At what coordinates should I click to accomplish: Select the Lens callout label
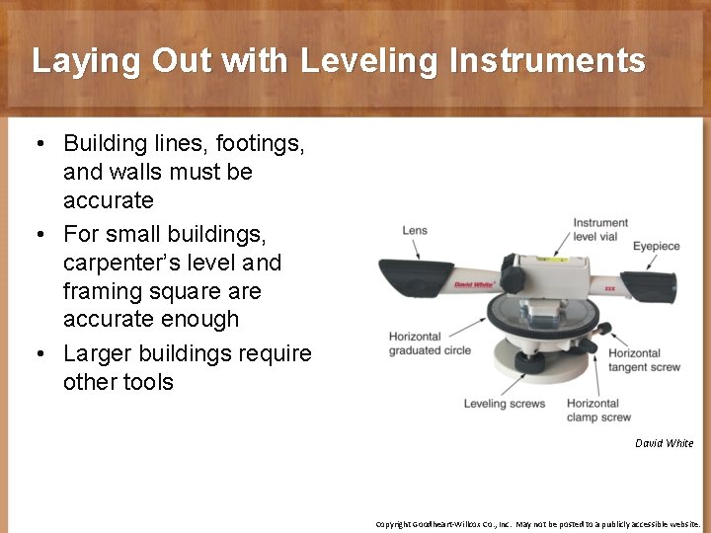click(x=415, y=231)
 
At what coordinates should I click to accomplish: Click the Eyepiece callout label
click(x=657, y=246)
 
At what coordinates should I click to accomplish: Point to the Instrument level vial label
click(x=600, y=230)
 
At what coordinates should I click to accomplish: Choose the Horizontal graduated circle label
click(x=429, y=343)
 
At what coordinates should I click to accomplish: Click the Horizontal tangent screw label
click(x=644, y=360)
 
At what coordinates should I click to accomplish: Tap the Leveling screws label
click(x=505, y=404)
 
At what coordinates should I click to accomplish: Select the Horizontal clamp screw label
click(x=599, y=410)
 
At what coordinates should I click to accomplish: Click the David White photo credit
click(x=664, y=443)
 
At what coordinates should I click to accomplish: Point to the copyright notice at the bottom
click(x=537, y=524)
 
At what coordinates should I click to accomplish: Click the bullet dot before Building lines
click(x=37, y=144)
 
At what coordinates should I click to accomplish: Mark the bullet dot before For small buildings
click(x=37, y=235)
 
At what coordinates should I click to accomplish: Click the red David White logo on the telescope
click(x=474, y=284)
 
